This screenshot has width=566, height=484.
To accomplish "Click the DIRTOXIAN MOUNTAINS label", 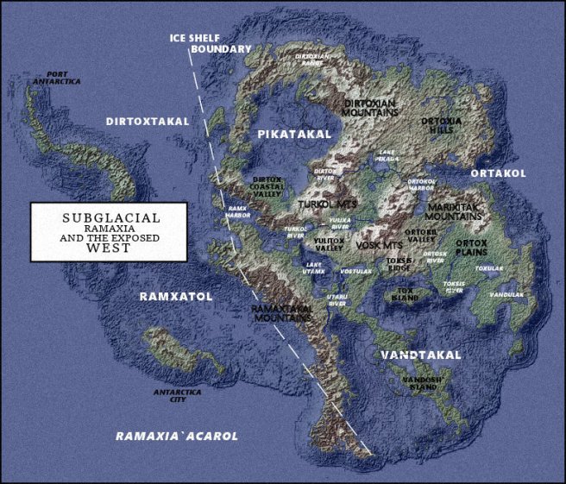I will (370, 108).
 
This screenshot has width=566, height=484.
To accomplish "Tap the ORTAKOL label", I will (498, 173).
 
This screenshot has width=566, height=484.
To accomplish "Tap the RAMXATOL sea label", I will (176, 296).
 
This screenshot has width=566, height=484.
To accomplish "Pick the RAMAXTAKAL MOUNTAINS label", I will (281, 312).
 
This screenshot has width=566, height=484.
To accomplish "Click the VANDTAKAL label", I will (421, 355).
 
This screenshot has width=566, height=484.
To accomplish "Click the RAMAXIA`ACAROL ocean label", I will (177, 436).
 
